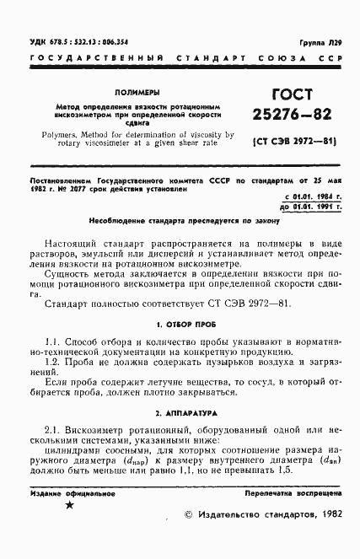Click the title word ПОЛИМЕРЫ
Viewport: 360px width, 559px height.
[x=136, y=92]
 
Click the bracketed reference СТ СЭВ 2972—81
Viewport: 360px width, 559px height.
[x=285, y=142]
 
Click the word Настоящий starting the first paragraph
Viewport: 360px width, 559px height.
[x=79, y=240]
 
